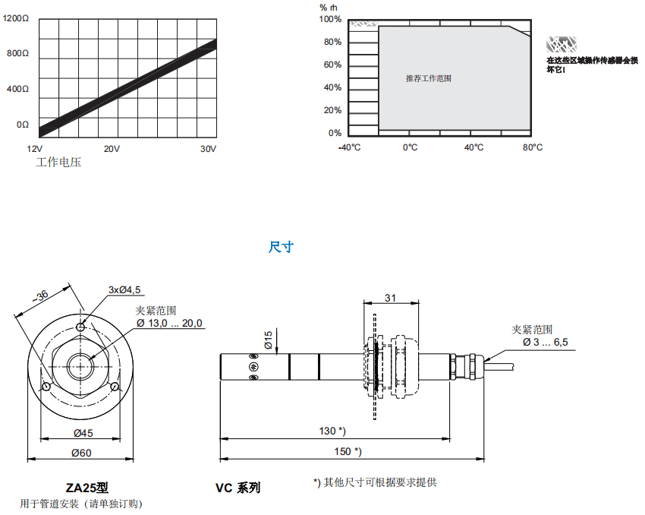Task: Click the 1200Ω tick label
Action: [16, 19]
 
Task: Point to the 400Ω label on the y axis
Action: [17, 89]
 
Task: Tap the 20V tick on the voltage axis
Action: [112, 149]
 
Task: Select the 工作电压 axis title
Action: [58, 163]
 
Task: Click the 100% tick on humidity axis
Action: [332, 19]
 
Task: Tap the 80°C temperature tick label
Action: [533, 147]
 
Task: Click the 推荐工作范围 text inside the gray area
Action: [428, 78]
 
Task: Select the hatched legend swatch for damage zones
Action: [562, 43]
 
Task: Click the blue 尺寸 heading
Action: [281, 247]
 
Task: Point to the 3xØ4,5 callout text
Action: [124, 289]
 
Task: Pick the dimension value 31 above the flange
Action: [391, 298]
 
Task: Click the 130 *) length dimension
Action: [332, 431]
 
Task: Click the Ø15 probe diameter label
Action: [268, 340]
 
